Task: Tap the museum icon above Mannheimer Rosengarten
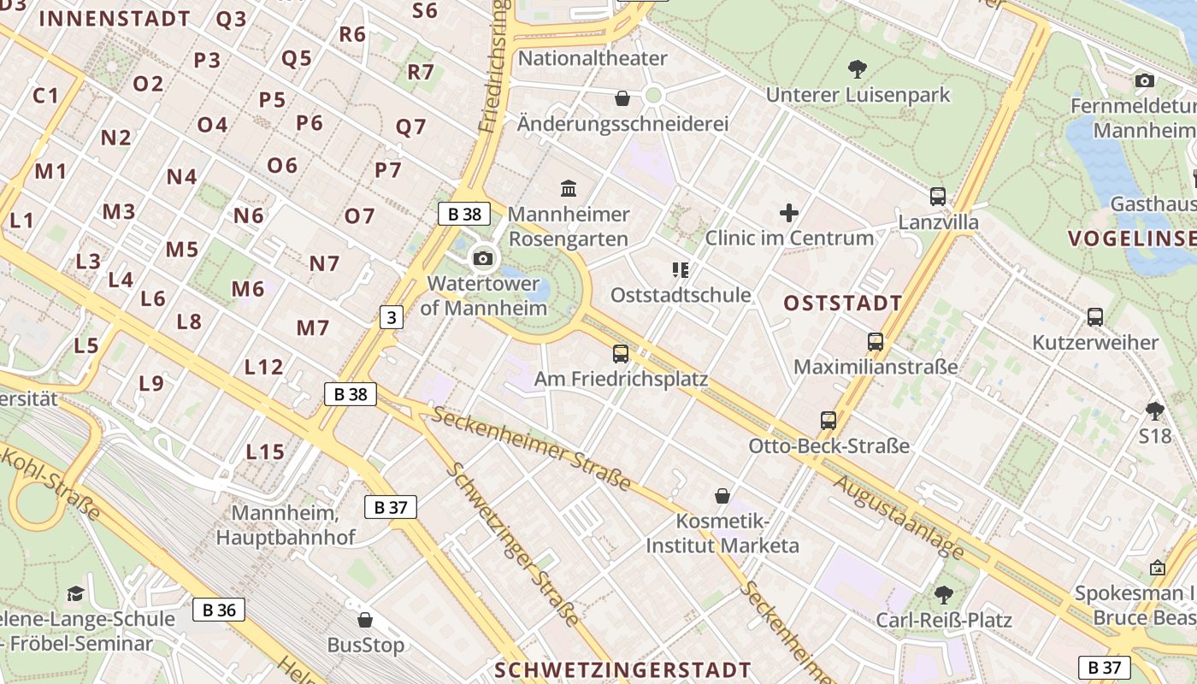[569, 187]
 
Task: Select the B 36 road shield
[219, 610]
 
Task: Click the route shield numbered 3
[391, 317]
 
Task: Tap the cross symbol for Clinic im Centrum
[789, 212]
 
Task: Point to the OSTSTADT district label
[842, 303]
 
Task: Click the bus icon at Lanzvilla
[938, 196]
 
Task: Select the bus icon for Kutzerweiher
[1094, 316]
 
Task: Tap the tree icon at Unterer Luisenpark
[857, 68]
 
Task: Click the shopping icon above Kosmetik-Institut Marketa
[722, 495]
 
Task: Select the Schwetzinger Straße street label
[513, 544]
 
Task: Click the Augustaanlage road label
[899, 516]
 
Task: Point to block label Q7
[410, 127]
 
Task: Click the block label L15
[265, 451]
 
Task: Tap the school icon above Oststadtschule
[681, 270]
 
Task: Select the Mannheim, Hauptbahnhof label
[286, 525]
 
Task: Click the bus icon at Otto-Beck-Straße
[828, 420]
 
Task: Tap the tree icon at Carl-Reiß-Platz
[944, 594]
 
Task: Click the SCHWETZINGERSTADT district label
[622, 669]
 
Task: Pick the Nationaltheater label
[593, 58]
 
